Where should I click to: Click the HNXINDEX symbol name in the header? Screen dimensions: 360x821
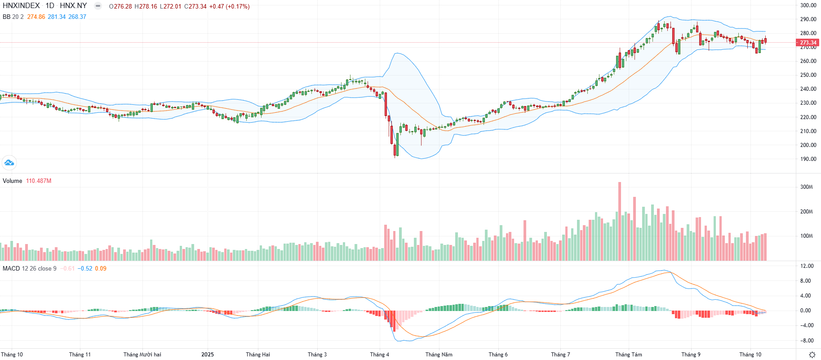21,6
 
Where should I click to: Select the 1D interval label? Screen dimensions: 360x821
49,6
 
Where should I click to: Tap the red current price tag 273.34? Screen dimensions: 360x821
808,43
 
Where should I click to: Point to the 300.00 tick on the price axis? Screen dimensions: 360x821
808,5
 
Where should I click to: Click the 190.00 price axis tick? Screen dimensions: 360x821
808,159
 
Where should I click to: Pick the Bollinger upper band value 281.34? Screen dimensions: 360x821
57,17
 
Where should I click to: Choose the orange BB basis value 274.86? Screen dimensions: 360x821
36,17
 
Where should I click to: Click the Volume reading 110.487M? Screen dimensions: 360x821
39,181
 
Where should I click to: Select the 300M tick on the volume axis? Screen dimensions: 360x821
806,187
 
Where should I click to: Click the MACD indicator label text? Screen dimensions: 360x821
11,268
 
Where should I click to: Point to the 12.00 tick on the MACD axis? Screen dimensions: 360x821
807,266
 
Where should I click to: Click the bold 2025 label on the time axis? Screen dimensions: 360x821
208,355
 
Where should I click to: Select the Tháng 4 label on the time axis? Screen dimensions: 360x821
380,355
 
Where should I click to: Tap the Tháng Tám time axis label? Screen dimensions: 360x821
629,355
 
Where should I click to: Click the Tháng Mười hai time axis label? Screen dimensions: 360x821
142,355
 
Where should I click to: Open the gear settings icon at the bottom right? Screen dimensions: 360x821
812,355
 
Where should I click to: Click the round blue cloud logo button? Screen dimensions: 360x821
9,163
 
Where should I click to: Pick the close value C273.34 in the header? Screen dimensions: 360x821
195,6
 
